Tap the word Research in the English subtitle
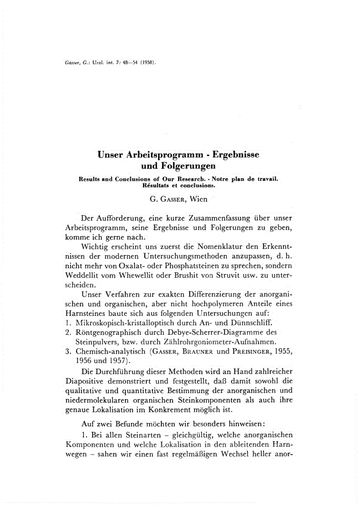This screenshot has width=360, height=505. coord(189,179)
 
